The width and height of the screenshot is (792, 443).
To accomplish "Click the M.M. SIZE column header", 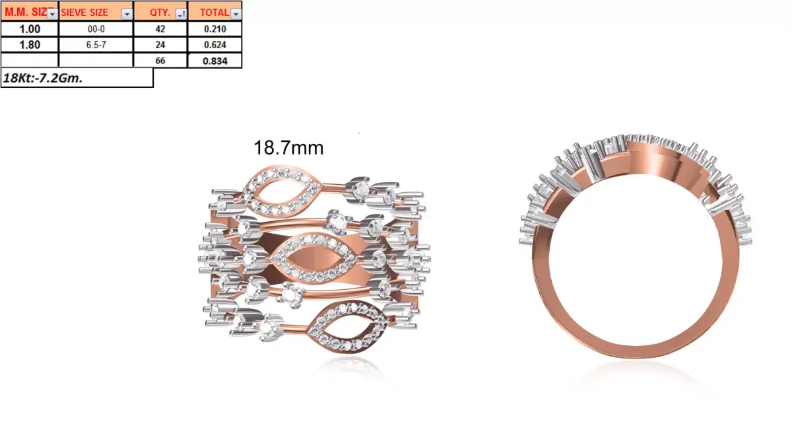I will (25, 11).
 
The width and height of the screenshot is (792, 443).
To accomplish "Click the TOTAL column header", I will (211, 11).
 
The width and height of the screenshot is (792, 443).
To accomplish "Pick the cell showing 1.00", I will (30, 28).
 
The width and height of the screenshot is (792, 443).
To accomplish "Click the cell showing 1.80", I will (30, 45).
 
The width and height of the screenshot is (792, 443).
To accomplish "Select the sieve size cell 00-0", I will (96, 28).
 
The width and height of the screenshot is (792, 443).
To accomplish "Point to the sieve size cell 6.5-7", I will (96, 45).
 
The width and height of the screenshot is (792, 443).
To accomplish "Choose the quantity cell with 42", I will (160, 28).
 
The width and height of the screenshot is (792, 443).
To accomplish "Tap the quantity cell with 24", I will (160, 45).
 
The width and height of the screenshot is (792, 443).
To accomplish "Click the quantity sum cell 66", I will (160, 61).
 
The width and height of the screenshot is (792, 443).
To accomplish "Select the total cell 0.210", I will (214, 28).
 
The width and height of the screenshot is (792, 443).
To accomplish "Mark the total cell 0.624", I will (214, 45).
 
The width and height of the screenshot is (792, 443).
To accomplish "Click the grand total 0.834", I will (214, 61).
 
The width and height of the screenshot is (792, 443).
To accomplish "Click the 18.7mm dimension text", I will (288, 148).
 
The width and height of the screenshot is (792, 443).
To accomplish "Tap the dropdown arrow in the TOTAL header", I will (236, 13).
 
